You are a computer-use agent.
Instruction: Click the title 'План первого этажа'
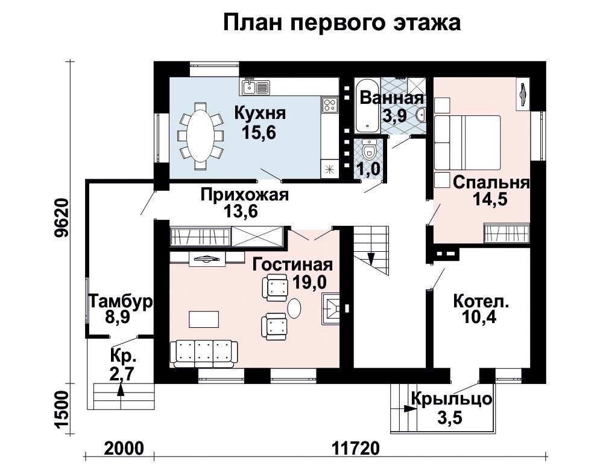[341, 23]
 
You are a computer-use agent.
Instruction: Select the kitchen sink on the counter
[255, 88]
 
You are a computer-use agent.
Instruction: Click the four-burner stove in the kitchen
[330, 104]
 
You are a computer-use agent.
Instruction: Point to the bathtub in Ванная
[367, 106]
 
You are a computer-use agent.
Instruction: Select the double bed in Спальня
[467, 143]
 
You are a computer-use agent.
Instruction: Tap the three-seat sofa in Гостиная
[204, 353]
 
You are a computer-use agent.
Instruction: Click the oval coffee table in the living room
[295, 309]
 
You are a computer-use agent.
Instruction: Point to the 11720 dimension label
[355, 448]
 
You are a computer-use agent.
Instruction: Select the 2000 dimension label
[124, 448]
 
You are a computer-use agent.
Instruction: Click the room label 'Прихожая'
[245, 195]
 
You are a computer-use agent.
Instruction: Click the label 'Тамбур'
[121, 301]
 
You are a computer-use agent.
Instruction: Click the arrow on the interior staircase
[371, 258]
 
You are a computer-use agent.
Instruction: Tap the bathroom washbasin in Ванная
[421, 114]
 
